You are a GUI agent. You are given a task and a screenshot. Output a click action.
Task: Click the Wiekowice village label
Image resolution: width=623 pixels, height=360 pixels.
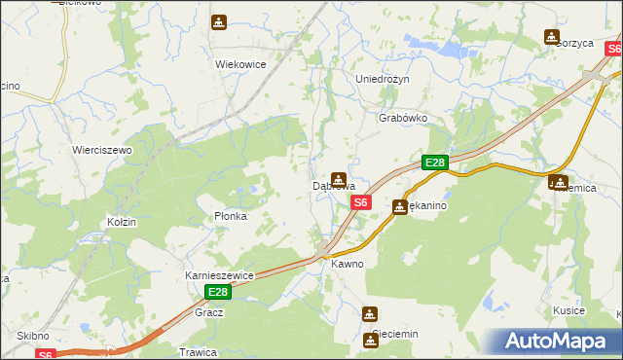click(x=240, y=64)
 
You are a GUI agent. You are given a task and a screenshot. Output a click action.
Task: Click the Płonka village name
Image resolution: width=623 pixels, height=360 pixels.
click(x=231, y=216)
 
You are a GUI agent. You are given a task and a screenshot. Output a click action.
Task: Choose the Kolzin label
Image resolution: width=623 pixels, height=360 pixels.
click(x=122, y=222)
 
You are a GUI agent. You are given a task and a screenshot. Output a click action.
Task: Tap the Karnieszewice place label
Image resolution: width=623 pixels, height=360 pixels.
click(x=219, y=275)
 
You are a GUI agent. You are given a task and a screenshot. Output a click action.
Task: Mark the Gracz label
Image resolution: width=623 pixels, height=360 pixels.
click(x=209, y=312)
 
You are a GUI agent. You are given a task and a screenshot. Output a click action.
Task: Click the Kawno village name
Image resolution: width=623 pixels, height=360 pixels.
click(x=347, y=264)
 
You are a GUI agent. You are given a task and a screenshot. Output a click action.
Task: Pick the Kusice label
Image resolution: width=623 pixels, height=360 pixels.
click(x=568, y=310)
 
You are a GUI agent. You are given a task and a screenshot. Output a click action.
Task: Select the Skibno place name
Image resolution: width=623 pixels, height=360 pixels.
click(x=32, y=335)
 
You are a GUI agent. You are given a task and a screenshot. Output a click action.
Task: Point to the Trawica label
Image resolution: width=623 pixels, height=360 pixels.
click(x=197, y=351)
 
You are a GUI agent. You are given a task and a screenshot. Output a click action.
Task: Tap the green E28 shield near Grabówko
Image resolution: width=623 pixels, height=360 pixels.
click(x=434, y=163)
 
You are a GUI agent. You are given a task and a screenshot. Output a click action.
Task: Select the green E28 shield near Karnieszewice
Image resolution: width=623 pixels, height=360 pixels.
click(x=218, y=292)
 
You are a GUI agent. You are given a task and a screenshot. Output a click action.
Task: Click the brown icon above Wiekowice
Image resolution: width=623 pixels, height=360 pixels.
click(x=219, y=22)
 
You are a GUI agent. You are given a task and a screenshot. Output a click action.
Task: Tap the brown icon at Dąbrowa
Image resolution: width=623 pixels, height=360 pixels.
click(x=338, y=179)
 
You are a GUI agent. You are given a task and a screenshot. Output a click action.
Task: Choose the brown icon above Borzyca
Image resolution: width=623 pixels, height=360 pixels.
click(x=552, y=37)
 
